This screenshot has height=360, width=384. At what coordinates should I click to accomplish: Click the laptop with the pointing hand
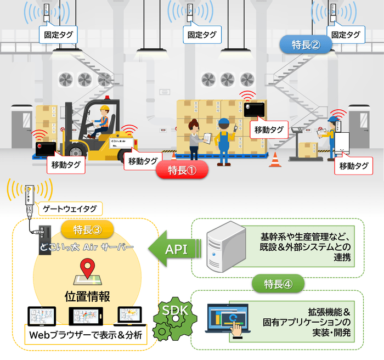coord(227,320)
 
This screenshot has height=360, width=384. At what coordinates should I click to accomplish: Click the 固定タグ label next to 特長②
coord(347,35)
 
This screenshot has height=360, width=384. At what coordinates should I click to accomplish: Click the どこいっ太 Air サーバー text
coord(87,247)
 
